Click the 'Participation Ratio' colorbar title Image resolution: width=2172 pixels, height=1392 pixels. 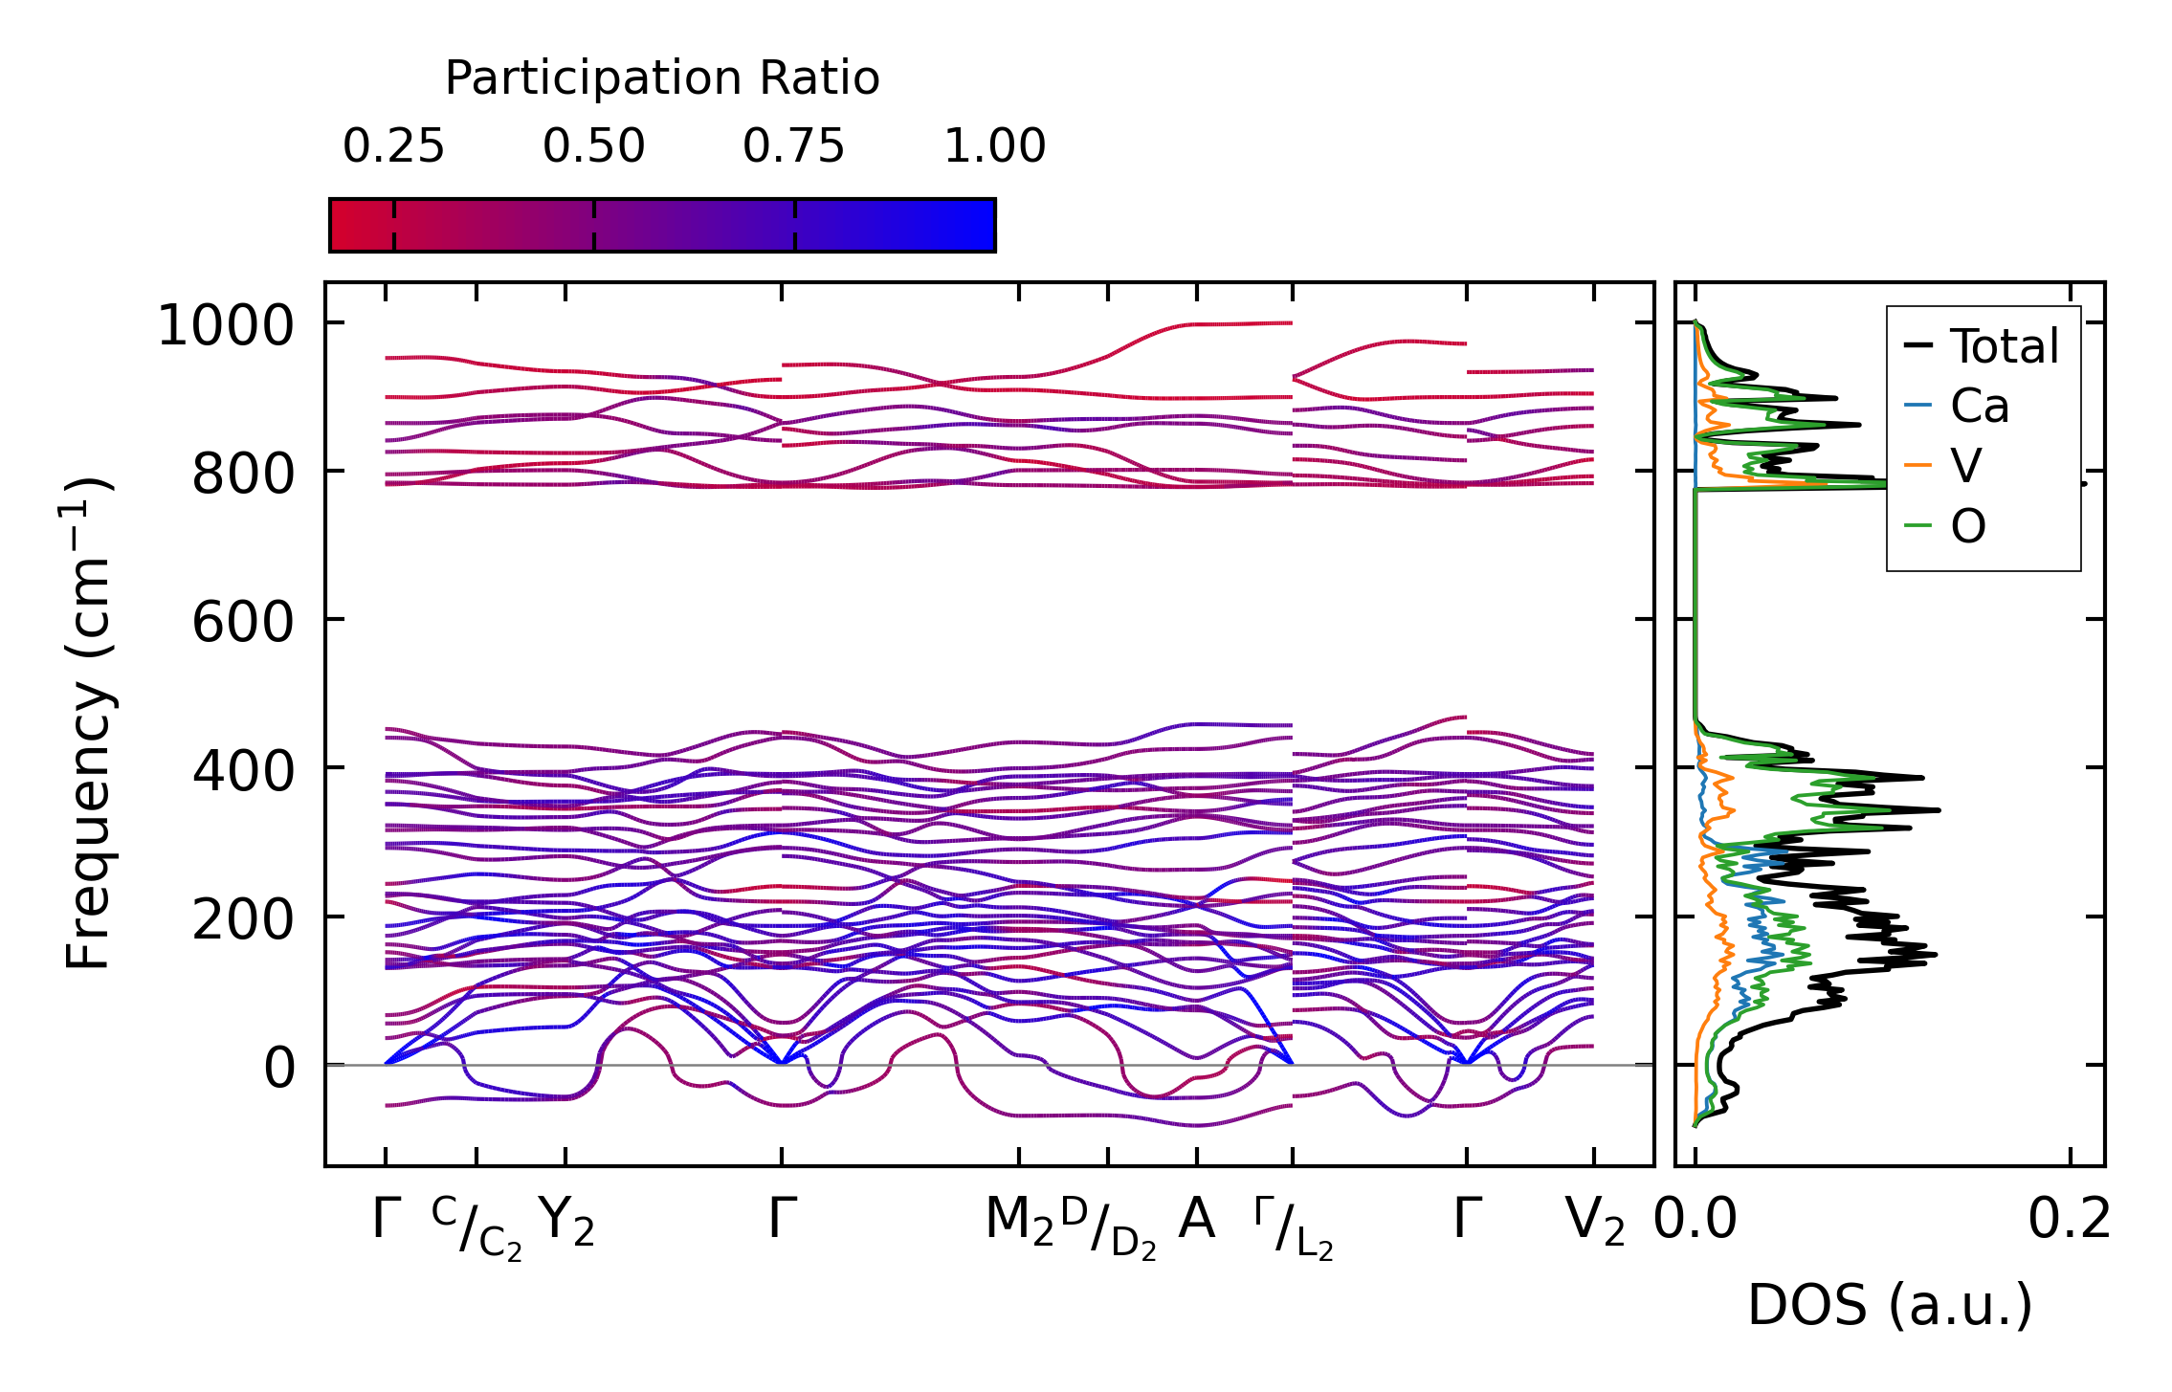[662, 78]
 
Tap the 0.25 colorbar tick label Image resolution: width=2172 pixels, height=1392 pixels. [393, 147]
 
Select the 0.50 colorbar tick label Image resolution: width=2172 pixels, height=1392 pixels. [593, 147]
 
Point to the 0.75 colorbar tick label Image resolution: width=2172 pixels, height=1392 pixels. [793, 147]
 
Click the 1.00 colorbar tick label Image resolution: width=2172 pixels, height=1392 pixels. [994, 147]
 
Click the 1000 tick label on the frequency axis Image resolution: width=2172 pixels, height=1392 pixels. [225, 325]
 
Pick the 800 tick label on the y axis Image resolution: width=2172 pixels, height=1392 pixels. [242, 474]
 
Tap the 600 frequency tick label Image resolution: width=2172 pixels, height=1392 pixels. [242, 622]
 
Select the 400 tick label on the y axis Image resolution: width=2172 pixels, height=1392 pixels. [242, 770]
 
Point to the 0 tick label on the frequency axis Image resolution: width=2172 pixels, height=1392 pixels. [279, 1067]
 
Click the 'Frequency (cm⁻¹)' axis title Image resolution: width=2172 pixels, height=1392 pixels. [89, 723]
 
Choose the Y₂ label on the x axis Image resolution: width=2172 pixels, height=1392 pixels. [565, 1222]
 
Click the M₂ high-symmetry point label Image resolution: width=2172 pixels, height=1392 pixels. [1019, 1222]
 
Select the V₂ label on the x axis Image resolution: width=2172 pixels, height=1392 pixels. [1594, 1222]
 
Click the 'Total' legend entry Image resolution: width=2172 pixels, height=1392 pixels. [2004, 345]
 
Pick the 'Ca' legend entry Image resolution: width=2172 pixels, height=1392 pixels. [1979, 406]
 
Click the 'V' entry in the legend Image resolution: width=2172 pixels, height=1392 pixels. [1965, 466]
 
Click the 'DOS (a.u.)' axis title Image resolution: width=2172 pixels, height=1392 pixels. [1890, 1306]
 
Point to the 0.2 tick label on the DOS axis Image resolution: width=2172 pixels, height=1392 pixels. [2069, 1221]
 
